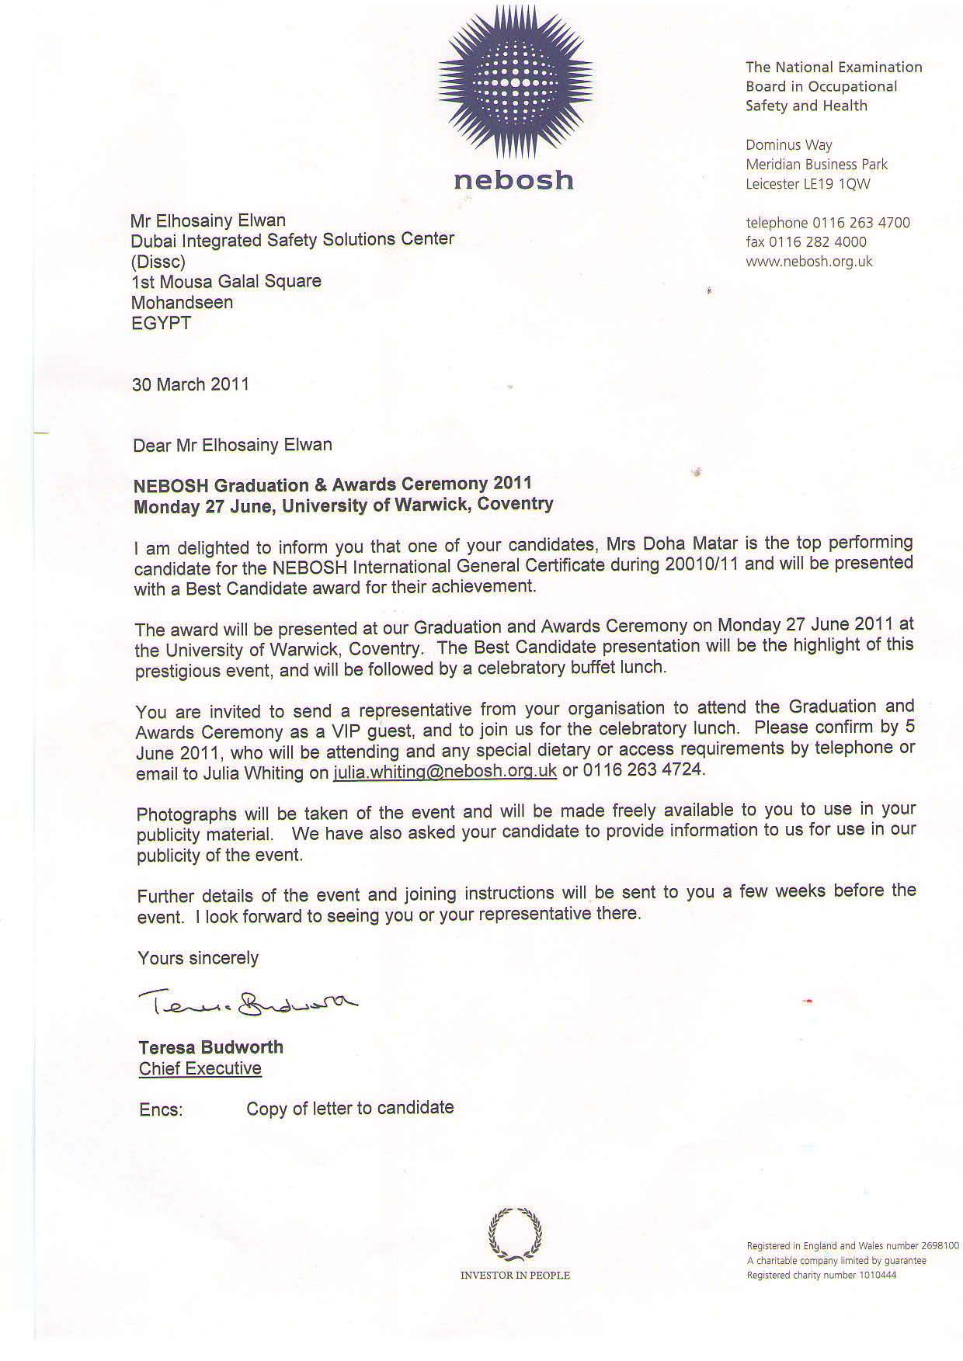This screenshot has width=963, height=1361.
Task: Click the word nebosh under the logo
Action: point(513,181)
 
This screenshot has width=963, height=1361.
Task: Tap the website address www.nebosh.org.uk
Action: point(808,262)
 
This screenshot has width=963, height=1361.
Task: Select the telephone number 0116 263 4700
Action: point(860,223)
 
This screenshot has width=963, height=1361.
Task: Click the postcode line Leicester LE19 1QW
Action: point(808,184)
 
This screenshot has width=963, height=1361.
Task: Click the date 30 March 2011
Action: point(190,384)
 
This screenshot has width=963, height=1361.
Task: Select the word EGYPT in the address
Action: point(162,323)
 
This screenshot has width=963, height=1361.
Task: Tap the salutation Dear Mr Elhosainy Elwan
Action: point(232,445)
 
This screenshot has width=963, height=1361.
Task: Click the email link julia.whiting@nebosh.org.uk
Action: point(445,771)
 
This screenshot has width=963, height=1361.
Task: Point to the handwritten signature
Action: point(247,1004)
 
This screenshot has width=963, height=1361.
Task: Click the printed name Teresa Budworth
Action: point(210,1047)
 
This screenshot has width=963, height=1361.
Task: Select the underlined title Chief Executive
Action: point(200,1069)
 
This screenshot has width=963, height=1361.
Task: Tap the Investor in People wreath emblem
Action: point(515,1234)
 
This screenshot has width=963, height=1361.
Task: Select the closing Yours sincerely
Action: point(198,958)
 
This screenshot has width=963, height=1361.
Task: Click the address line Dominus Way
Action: point(788,145)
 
